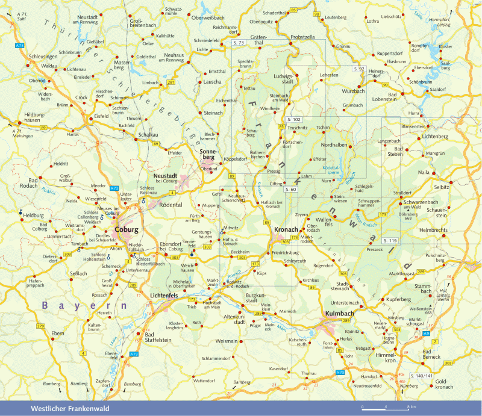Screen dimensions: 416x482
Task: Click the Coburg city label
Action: (x=127, y=229)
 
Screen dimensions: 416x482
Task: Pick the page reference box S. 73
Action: (x=239, y=43)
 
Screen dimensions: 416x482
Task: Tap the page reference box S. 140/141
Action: (x=421, y=376)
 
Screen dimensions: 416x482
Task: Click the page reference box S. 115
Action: (x=389, y=240)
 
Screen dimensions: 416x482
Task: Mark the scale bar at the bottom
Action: (x=385, y=408)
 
